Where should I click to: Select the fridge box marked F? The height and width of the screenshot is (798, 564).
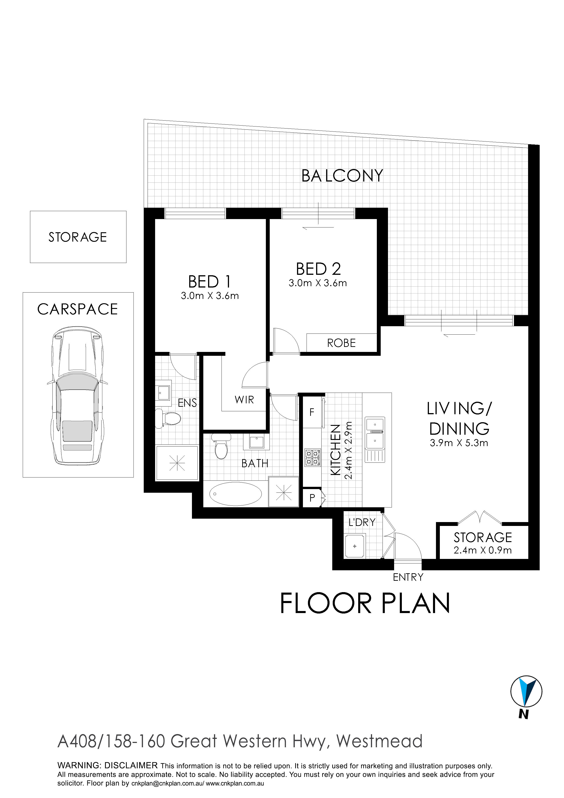pyautogui.click(x=312, y=412)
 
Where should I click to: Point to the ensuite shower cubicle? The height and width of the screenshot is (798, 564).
pyautogui.click(x=177, y=463)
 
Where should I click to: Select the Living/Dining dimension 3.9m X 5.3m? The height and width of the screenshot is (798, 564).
pyautogui.click(x=459, y=443)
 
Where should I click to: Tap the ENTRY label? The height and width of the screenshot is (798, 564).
pyautogui.click(x=408, y=577)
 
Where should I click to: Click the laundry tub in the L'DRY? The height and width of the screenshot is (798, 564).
pyautogui.click(x=355, y=546)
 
